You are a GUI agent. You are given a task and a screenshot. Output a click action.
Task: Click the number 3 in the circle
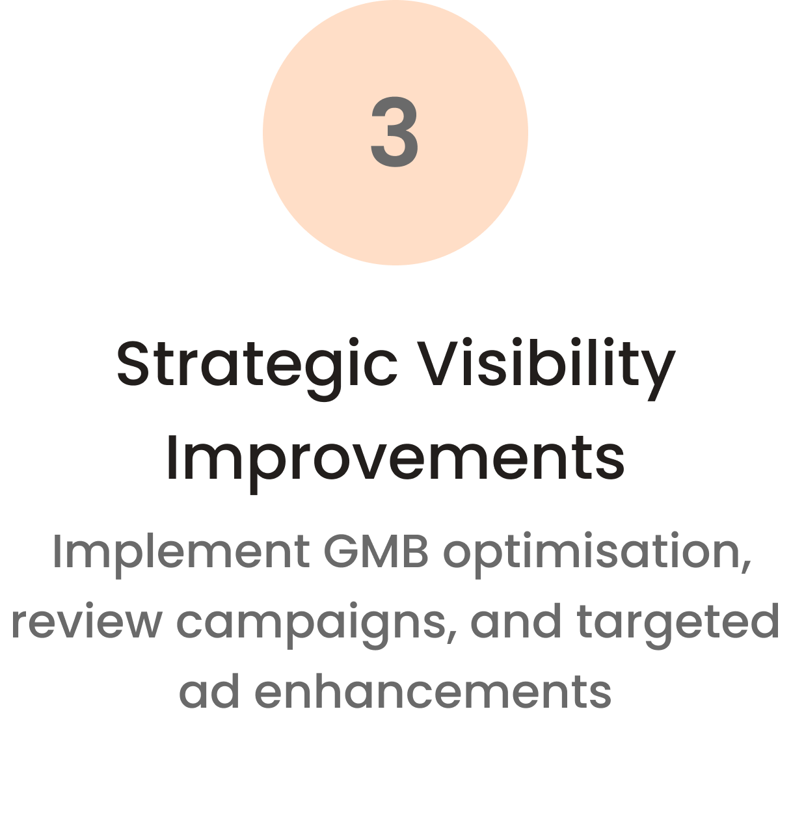395,132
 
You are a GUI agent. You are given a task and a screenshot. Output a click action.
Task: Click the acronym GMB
376,550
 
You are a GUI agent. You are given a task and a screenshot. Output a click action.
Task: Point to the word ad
209,691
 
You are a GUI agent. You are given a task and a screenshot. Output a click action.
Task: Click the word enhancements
433,691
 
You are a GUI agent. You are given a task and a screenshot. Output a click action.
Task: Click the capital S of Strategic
133,363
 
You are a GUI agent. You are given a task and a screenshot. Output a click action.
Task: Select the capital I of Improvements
171,457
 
